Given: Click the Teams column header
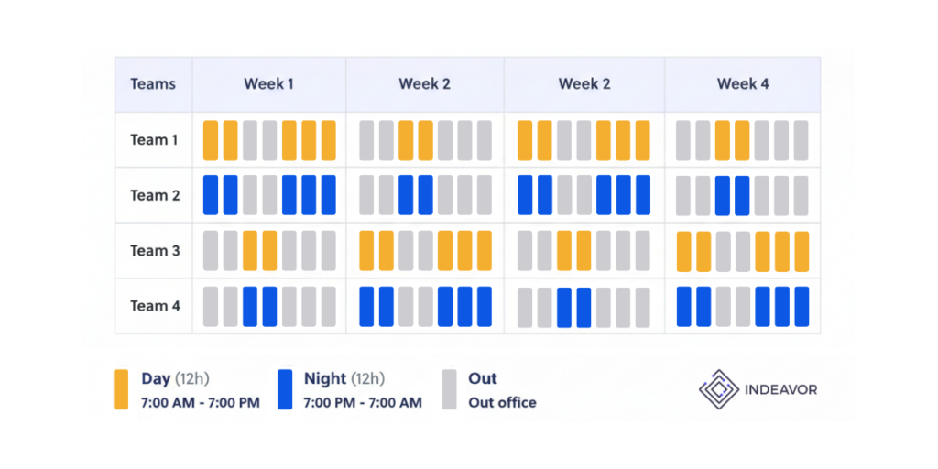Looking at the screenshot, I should click(153, 84).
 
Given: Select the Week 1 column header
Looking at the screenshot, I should click(268, 84).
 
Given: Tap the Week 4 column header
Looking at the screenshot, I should click(743, 84).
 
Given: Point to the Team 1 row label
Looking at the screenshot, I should click(155, 140).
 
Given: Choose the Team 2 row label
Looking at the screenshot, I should click(155, 195).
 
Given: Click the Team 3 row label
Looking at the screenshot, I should click(155, 251).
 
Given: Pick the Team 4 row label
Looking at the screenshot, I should click(155, 306).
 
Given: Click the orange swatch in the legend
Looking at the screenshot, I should click(121, 389).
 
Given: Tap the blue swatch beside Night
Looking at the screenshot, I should click(285, 389).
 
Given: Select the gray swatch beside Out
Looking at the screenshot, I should click(449, 389).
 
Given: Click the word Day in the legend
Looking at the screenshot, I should click(156, 379).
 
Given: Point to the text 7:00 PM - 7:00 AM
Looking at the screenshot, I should click(363, 403).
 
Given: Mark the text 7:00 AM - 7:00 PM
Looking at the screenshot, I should click(201, 403).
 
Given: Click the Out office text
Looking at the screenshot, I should click(502, 403).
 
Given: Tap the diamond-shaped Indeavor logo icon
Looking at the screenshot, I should click(718, 389).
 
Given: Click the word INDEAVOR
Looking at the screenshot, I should click(780, 390).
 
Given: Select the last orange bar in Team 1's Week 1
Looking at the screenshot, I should click(328, 140).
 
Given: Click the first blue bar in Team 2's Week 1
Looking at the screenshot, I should click(211, 195).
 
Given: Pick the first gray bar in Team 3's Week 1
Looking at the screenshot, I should click(211, 251).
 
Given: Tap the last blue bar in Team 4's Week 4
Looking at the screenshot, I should click(802, 306).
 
